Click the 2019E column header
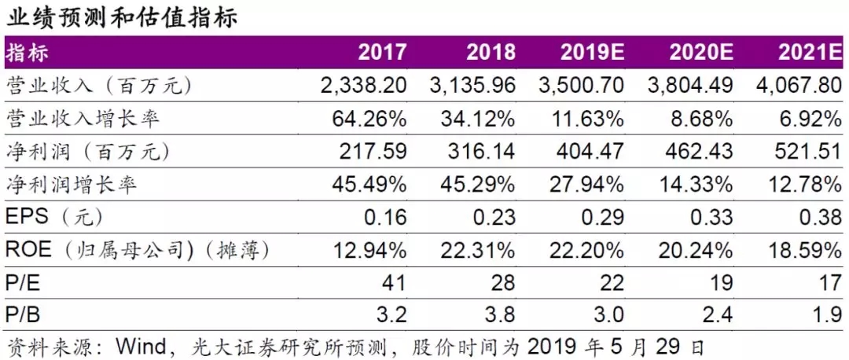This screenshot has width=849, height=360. [x=592, y=53]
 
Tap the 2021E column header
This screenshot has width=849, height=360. [x=810, y=53]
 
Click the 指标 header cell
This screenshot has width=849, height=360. [x=28, y=53]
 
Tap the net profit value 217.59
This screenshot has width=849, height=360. [x=377, y=152]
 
